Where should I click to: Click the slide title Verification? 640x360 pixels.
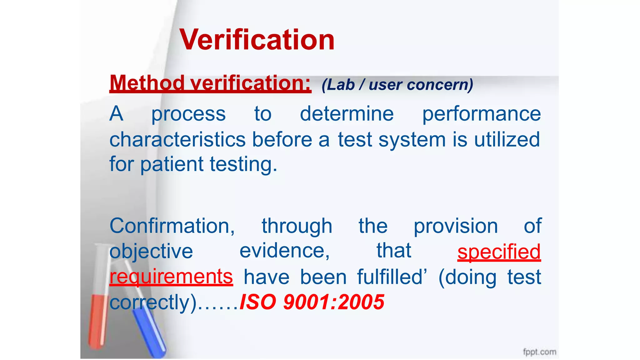coord(257,40)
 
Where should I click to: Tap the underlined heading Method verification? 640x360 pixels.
coord(210,83)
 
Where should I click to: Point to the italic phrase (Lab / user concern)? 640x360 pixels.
coord(397,85)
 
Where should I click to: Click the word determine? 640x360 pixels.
coord(347,113)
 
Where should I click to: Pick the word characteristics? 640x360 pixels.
coord(177,139)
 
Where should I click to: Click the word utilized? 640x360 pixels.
coord(507,139)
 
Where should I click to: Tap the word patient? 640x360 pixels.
coord(172,165)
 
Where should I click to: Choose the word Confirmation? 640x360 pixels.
coord(172,226)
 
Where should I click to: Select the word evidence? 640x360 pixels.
coord(284,251)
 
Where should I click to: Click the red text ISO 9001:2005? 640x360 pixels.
coord(312,302)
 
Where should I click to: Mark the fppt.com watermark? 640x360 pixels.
coord(540,352)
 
